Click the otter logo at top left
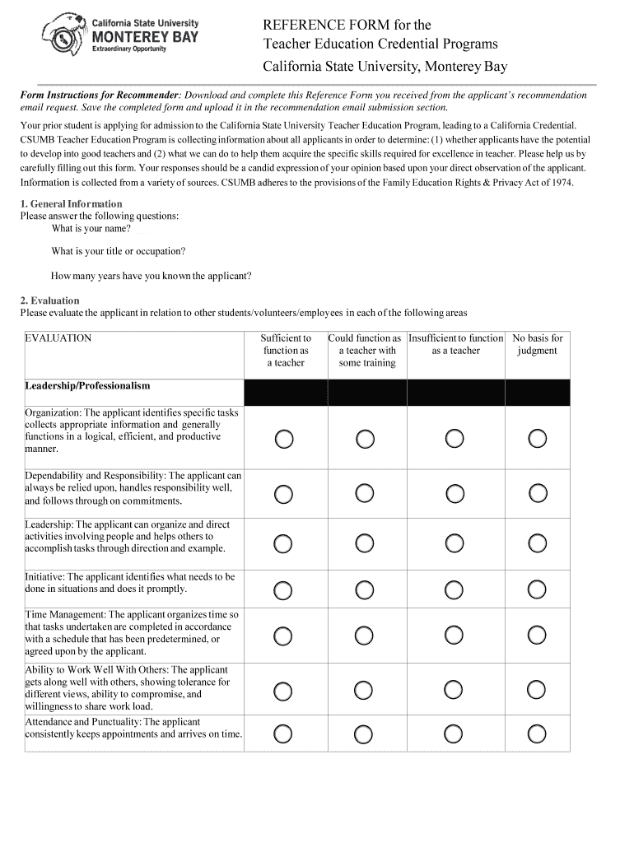click(63, 34)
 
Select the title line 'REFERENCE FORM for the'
click(347, 26)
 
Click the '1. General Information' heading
click(71, 203)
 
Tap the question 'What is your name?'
click(91, 228)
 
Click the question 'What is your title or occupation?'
click(118, 251)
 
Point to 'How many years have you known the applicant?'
click(152, 276)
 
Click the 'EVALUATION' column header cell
click(58, 338)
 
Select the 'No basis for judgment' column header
click(537, 344)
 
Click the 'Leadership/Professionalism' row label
click(88, 385)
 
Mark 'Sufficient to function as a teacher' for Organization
click(283, 439)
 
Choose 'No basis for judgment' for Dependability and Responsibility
click(537, 493)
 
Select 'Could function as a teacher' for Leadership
click(366, 543)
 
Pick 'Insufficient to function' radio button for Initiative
click(455, 589)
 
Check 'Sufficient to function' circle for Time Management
click(283, 635)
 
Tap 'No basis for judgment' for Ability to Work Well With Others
click(537, 689)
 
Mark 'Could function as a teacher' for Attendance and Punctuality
click(366, 734)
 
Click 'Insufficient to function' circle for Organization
click(455, 439)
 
